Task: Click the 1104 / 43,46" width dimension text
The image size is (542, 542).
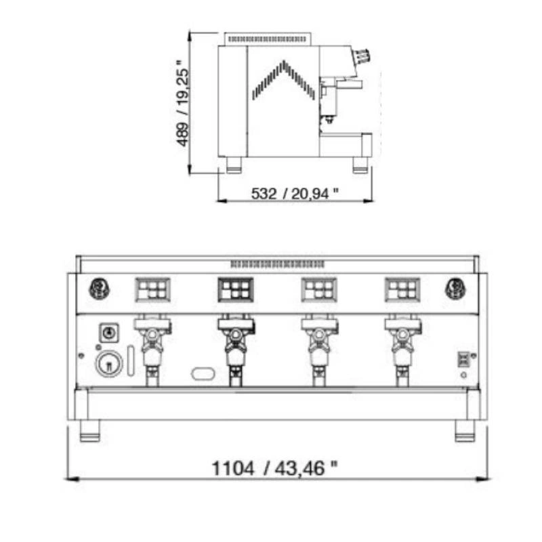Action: (274, 468)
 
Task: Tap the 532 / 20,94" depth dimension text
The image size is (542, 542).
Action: (295, 194)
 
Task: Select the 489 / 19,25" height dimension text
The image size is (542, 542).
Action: (183, 104)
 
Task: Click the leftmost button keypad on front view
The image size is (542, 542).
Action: (153, 290)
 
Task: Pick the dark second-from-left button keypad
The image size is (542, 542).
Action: (236, 290)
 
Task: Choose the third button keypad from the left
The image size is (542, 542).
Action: (319, 290)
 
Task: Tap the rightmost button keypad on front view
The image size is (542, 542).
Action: (402, 290)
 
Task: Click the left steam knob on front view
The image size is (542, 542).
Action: (99, 289)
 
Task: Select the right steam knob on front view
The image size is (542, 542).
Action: (455, 289)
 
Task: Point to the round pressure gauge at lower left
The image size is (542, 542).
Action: (109, 364)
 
